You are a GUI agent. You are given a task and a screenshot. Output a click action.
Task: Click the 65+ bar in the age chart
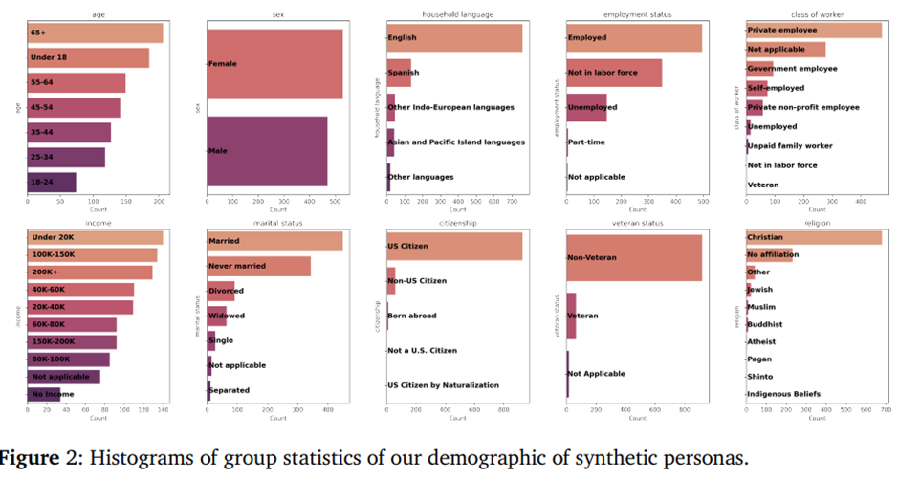[96, 33]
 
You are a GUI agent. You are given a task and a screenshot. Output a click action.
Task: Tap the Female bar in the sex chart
[274, 64]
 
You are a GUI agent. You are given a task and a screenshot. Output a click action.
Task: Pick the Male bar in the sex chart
[267, 151]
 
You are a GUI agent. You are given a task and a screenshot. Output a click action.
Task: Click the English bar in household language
[454, 37]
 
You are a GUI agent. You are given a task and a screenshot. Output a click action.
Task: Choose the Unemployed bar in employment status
[586, 107]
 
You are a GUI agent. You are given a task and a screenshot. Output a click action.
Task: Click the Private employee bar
[814, 31]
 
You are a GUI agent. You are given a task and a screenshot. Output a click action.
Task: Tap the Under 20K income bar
[96, 237]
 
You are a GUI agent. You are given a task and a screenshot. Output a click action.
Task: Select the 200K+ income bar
[90, 272]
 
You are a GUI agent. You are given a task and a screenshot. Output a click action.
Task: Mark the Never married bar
[259, 266]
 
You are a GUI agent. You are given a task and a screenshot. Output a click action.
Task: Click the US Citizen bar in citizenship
[454, 247]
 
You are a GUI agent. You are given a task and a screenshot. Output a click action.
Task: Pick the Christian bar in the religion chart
[814, 237]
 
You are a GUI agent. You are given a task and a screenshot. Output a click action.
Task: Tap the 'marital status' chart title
[277, 223]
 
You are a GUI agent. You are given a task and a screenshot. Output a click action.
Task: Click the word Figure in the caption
[34, 458]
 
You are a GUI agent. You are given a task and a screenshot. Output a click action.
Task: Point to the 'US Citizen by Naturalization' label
[443, 385]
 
